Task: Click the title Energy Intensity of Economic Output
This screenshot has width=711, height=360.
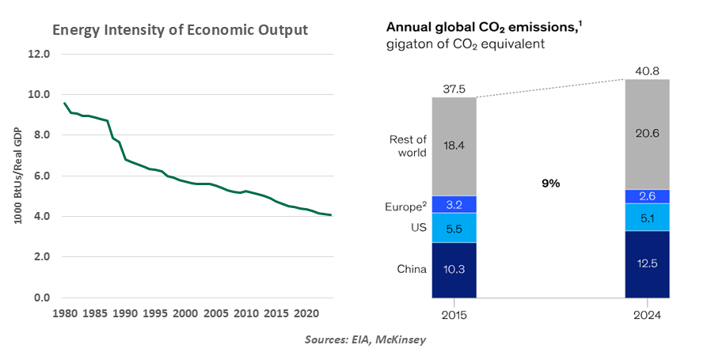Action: coord(180,30)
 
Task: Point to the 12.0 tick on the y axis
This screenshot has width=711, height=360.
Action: coord(39,55)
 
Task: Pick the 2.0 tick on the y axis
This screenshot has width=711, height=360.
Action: coord(39,257)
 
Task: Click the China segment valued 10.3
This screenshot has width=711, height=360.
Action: coord(454,270)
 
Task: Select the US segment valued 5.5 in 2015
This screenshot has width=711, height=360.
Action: coord(454,228)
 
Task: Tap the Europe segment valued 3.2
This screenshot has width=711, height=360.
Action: coord(454,204)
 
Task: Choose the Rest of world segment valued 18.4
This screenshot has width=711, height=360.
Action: coord(454,146)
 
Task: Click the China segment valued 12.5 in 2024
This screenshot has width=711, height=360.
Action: coord(647,263)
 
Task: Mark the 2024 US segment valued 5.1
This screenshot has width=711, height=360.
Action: coord(647,217)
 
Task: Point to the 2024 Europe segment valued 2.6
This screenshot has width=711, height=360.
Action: coord(647,196)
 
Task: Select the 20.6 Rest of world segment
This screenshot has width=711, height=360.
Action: coord(647,134)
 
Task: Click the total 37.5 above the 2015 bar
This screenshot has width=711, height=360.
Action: coord(454,89)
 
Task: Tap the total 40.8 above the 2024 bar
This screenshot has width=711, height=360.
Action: coord(647,70)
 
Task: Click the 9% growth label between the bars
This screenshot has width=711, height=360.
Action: coord(550,183)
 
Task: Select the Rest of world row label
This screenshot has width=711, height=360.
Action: coord(409,146)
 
